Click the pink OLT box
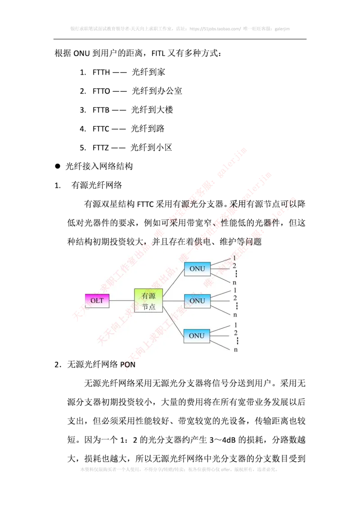[97, 300]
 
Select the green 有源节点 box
[148, 300]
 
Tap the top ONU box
[197, 269]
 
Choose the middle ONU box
[197, 300]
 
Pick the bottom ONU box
[197, 335]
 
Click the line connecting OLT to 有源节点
[121, 300]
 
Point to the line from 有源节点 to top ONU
[173, 285]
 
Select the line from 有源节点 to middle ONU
[173, 300]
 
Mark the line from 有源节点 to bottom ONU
[173, 317]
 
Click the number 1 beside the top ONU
[234, 258]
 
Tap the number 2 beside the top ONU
[234, 266]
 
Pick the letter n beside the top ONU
[235, 282]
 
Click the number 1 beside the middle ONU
[235, 290]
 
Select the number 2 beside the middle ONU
[235, 298]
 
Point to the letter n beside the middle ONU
[235, 315]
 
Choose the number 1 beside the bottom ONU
[235, 325]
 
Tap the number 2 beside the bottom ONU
[235, 333]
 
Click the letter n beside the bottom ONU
[235, 349]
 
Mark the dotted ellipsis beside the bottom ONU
[236, 341]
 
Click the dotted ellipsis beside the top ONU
[236, 274]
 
